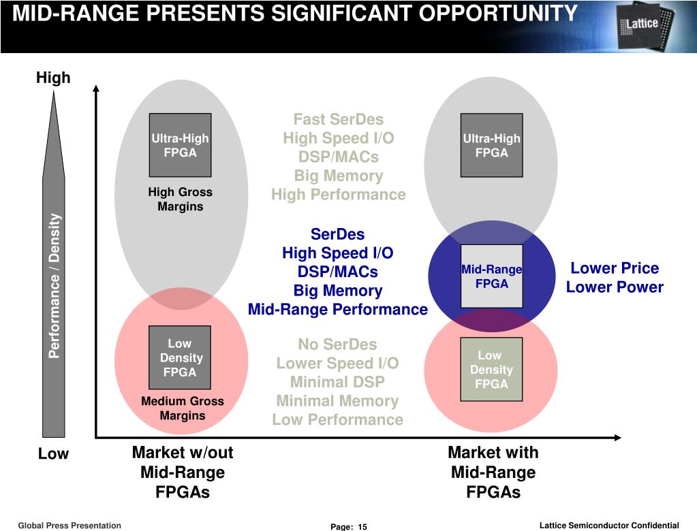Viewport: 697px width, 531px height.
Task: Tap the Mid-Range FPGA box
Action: (x=491, y=276)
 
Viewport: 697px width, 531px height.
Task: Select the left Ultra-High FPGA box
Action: (x=180, y=144)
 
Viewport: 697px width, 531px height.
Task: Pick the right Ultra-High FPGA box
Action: (x=491, y=144)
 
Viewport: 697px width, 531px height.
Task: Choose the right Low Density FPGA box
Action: (x=491, y=369)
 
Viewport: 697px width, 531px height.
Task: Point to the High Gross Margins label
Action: (x=180, y=199)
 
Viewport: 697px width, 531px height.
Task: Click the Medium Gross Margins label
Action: (x=182, y=408)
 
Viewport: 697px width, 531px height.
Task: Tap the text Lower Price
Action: (x=615, y=268)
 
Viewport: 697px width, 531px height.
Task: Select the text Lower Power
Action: (x=615, y=287)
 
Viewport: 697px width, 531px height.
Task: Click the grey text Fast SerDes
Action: (x=338, y=120)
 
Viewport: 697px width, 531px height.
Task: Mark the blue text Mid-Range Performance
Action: (x=338, y=310)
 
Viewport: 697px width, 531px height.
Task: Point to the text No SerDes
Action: (x=337, y=344)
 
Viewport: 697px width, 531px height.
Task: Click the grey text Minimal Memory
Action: (x=337, y=401)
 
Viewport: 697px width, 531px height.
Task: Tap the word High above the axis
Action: (x=53, y=78)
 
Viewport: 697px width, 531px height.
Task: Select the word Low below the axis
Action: (x=53, y=454)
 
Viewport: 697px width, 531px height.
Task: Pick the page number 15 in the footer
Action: (x=362, y=527)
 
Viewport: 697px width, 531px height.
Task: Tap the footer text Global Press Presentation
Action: (x=69, y=526)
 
